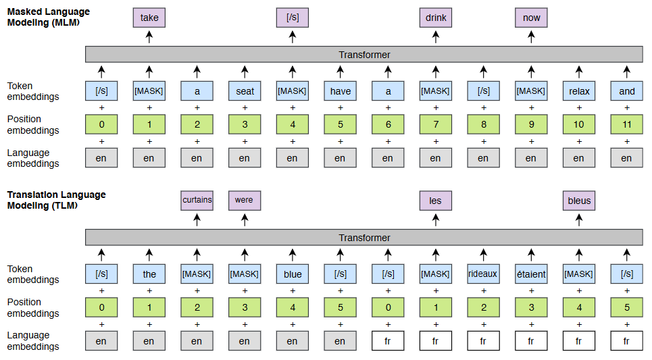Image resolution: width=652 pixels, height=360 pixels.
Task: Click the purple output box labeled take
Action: tap(149, 18)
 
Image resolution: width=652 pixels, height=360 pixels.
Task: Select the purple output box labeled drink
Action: tap(435, 18)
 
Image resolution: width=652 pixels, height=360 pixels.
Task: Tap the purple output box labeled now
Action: tap(531, 18)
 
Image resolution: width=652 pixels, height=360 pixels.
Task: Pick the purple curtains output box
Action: tap(197, 200)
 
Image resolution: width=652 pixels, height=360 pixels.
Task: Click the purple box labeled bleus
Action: tap(579, 200)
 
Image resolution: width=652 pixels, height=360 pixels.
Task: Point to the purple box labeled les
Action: tap(435, 200)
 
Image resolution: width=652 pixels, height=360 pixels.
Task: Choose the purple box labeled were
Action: tap(245, 200)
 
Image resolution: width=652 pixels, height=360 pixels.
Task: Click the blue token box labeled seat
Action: tap(245, 91)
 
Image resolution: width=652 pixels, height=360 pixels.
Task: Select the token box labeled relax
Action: tap(579, 91)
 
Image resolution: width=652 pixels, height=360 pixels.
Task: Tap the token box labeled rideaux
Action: tap(483, 274)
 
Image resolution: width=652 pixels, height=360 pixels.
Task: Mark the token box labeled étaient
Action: tap(531, 274)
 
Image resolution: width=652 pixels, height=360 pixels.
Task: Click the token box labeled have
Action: tap(340, 91)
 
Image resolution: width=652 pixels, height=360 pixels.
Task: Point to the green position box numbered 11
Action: tap(626, 125)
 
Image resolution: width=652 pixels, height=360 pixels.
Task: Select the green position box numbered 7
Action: tap(435, 125)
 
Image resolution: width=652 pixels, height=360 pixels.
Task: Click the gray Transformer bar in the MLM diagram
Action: tap(364, 55)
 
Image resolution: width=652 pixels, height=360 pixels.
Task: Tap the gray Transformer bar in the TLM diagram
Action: tap(364, 238)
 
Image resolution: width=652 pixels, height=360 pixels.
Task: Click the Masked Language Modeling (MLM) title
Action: tap(48, 17)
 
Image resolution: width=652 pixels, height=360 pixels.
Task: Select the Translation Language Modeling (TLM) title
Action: tap(56, 200)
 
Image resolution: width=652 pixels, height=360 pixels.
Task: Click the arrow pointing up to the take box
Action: tap(149, 37)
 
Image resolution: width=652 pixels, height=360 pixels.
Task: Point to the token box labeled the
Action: tap(149, 274)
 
